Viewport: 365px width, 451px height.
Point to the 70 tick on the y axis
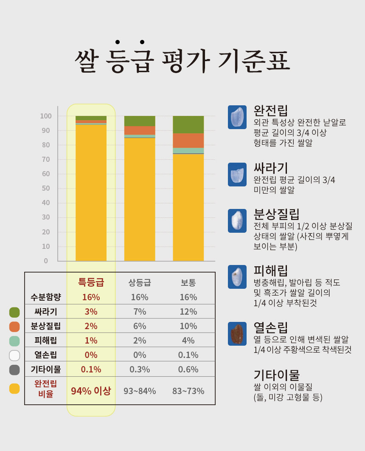(46, 159)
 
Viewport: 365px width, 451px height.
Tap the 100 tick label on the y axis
(45, 116)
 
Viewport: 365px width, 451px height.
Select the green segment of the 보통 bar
(188, 124)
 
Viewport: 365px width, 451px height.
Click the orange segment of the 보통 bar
(188, 141)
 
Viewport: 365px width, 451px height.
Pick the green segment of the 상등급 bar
(140, 121)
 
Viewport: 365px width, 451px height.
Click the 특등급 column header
(91, 282)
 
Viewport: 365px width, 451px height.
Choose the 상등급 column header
(140, 283)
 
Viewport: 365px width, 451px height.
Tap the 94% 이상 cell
(91, 391)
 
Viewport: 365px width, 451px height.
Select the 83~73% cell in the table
(188, 391)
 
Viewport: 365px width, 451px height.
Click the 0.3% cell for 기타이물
(140, 369)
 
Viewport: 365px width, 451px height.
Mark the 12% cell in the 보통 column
(188, 312)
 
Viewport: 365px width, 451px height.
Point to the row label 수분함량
(46, 297)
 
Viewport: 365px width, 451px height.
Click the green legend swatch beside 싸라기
(14, 312)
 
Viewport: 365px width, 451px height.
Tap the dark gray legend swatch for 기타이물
(14, 369)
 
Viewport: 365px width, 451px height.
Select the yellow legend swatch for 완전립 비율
(14, 388)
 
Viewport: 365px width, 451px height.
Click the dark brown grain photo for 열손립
(237, 333)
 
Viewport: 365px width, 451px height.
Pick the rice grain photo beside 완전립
(237, 117)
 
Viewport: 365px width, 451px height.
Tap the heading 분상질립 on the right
(276, 213)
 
